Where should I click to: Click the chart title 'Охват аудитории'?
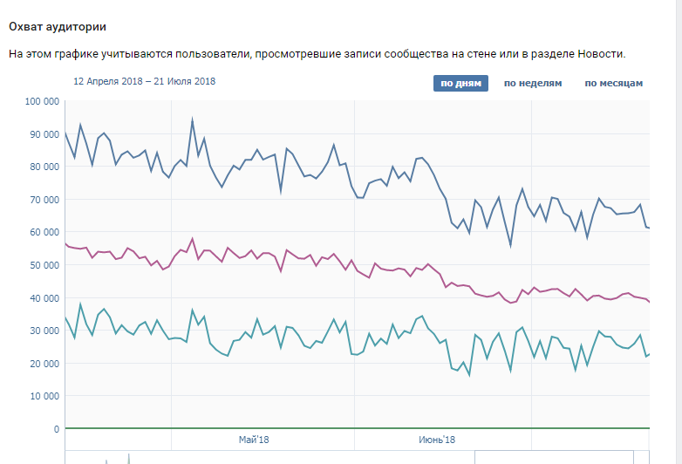pyautogui.click(x=58, y=27)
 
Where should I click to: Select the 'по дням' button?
pyautogui.click(x=460, y=83)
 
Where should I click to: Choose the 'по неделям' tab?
pyautogui.click(x=533, y=83)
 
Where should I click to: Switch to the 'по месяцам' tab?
pyautogui.click(x=614, y=83)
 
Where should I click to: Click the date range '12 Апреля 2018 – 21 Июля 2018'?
pyautogui.click(x=145, y=81)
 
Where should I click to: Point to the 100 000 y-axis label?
pyautogui.click(x=42, y=101)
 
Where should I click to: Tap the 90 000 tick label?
pyautogui.click(x=44, y=134)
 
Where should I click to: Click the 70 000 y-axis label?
pyautogui.click(x=44, y=200)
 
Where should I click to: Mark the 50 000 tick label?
pyautogui.click(x=44, y=265)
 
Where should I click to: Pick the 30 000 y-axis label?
pyautogui.click(x=44, y=331)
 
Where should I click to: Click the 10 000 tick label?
pyautogui.click(x=44, y=396)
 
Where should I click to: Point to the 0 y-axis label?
pyautogui.click(x=57, y=429)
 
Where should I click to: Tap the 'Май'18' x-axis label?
pyautogui.click(x=254, y=440)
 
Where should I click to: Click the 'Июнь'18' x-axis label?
pyautogui.click(x=437, y=440)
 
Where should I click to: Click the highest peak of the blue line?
pyautogui.click(x=192, y=119)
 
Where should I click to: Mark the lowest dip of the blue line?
pyautogui.click(x=511, y=246)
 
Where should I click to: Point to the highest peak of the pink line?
pyautogui.click(x=192, y=238)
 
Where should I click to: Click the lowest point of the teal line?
pyautogui.click(x=469, y=375)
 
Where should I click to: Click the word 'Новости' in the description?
pyautogui.click(x=602, y=54)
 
